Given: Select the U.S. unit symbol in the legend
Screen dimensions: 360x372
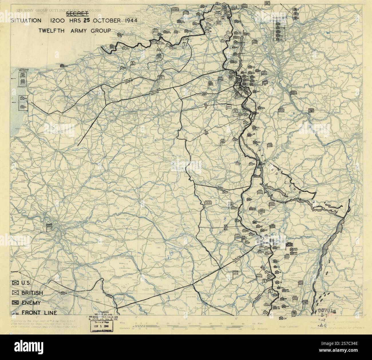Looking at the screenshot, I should coord(15,283).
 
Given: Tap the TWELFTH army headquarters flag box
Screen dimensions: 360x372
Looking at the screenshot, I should coord(207,203).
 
